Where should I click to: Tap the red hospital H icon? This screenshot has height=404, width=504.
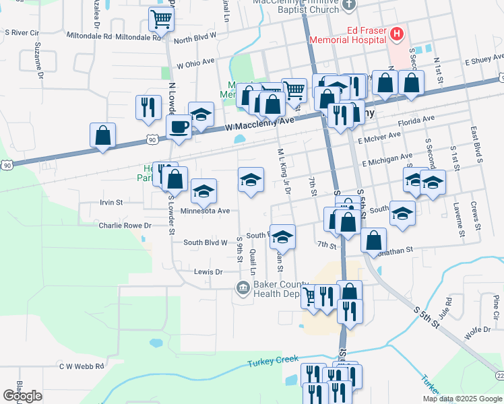(x=397, y=33)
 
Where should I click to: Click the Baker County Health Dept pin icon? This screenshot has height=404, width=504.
(x=243, y=289)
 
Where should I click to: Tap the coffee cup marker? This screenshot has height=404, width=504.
(x=179, y=127)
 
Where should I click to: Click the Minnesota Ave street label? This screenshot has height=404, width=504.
(x=206, y=211)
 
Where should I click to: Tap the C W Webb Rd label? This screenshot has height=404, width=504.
(x=82, y=366)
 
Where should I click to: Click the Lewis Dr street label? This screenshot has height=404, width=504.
(x=208, y=272)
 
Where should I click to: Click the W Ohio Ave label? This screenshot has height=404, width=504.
(x=195, y=63)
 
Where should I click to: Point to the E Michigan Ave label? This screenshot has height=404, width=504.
(x=387, y=160)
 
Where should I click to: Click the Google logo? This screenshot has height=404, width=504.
(x=22, y=396)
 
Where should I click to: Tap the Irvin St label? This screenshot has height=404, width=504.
(x=111, y=201)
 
